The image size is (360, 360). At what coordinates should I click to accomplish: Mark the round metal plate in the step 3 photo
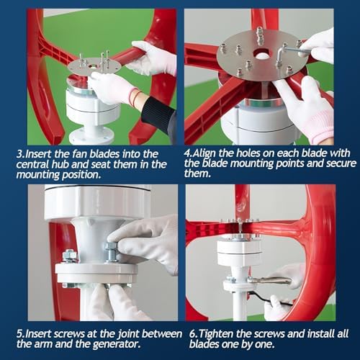[x=94, y=66]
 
